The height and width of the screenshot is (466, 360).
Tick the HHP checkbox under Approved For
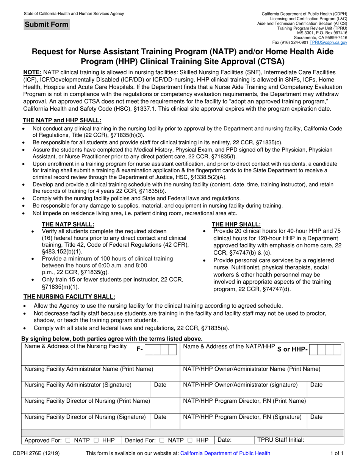pos(95,440)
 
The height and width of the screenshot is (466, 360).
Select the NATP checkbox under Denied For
pos(162,440)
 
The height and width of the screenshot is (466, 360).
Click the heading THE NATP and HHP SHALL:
pos(63,120)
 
